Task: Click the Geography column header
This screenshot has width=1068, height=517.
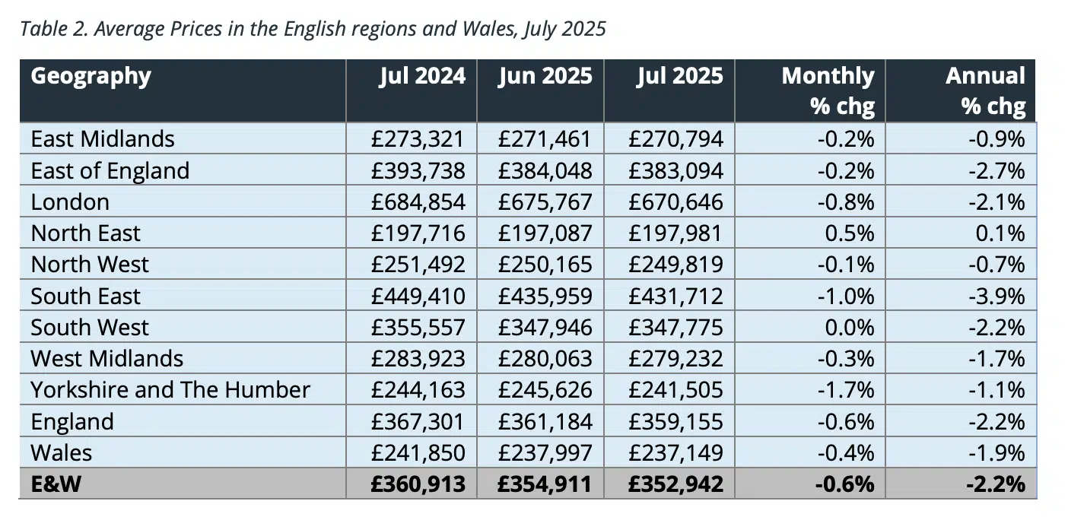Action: tap(91, 77)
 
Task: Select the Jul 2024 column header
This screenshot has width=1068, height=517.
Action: tap(422, 77)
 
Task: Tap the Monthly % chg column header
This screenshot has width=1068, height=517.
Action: tap(828, 90)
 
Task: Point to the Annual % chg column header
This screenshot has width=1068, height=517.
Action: tap(985, 90)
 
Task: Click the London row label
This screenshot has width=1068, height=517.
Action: tap(70, 202)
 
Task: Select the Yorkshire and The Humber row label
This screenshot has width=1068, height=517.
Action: tap(170, 390)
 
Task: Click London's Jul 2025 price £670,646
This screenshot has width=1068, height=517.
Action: tap(676, 202)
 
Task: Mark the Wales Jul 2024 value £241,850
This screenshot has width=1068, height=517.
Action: tap(418, 453)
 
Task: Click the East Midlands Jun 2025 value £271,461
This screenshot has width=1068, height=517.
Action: tap(545, 139)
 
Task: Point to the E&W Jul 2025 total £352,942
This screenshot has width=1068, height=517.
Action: tap(676, 484)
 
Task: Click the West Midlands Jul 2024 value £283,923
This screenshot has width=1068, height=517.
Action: tap(418, 359)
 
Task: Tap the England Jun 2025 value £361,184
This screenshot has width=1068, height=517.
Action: tap(545, 422)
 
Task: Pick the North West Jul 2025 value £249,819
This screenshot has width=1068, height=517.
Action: tap(676, 265)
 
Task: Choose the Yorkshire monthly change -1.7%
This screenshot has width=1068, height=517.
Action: tap(846, 390)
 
